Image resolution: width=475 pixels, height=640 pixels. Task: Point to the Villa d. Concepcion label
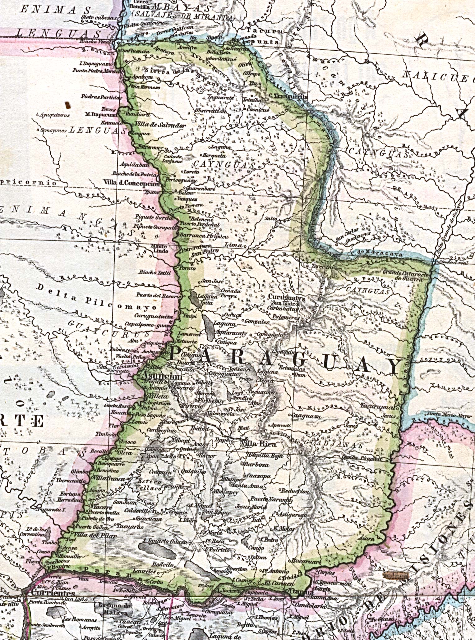point(132,183)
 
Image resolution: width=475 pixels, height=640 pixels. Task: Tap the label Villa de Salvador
point(160,125)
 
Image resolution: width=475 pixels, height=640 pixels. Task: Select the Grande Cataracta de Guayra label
point(406,276)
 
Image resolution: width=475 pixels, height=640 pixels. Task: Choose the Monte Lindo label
point(159,248)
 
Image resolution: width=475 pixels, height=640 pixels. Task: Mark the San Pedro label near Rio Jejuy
point(205,252)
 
